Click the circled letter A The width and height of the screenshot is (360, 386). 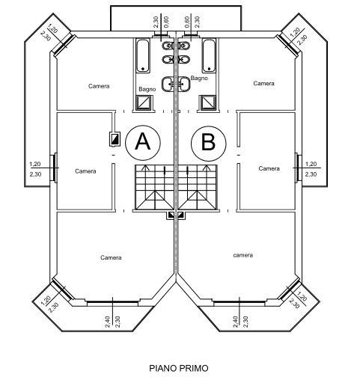click(x=143, y=143)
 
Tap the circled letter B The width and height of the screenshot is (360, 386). click(x=209, y=144)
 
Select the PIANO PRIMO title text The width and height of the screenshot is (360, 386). click(x=179, y=368)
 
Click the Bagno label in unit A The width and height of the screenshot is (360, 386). click(x=147, y=89)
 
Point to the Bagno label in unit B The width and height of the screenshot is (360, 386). click(x=199, y=78)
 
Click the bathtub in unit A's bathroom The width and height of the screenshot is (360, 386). click(x=143, y=55)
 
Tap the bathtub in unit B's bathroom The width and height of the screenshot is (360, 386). click(x=209, y=55)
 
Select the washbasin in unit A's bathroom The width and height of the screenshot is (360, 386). click(x=168, y=84)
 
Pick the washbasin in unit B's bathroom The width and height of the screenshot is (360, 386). click(x=184, y=84)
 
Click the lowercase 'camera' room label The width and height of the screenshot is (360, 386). click(x=243, y=255)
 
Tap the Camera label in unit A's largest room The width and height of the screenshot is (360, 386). click(x=111, y=257)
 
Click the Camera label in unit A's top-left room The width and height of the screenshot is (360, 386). click(x=99, y=86)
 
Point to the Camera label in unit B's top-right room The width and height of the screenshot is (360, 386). click(x=263, y=83)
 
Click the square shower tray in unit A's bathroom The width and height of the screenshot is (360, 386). click(x=144, y=102)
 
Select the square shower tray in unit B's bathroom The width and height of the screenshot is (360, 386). click(x=208, y=102)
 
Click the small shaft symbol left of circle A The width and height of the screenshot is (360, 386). click(x=115, y=139)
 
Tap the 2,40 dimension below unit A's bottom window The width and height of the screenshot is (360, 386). click(x=108, y=322)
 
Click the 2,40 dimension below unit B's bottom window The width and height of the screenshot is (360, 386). click(x=235, y=322)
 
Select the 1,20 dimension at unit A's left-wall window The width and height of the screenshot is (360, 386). click(x=35, y=164)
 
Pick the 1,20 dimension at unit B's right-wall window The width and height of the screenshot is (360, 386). click(x=311, y=164)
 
